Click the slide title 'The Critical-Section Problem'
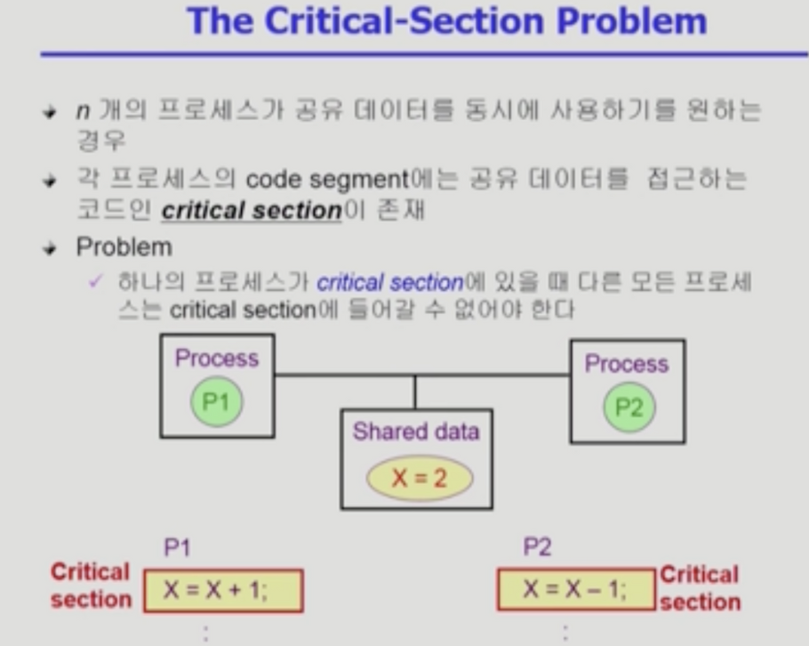coord(446,20)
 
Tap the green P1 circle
coord(216,401)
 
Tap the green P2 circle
coord(629,408)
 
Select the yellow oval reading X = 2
coord(420,479)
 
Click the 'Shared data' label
coord(416,432)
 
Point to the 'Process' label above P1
coord(216,359)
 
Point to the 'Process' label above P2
coord(626,364)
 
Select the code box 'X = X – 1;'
coord(575,591)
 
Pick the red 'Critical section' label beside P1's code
coord(90,585)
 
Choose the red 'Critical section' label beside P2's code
coord(700,588)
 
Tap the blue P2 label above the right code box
coord(537,548)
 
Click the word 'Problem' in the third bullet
coord(124,246)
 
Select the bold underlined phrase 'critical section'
coord(252,212)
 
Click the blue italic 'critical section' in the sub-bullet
coord(390,284)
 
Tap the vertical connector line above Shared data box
coord(415,392)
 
